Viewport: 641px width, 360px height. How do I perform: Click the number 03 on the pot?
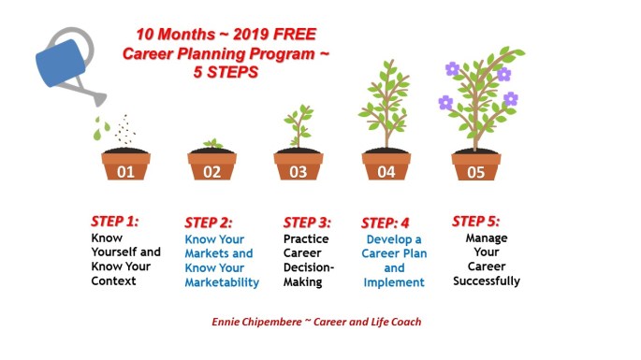(x=298, y=172)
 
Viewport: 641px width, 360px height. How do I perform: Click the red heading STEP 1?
(x=114, y=222)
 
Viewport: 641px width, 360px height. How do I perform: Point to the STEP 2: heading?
(x=208, y=223)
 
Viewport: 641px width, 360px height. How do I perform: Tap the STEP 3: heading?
(x=307, y=223)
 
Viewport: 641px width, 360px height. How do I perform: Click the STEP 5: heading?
(x=476, y=222)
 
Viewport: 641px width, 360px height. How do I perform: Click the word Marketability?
(x=222, y=282)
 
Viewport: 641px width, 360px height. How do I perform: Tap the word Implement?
(x=394, y=282)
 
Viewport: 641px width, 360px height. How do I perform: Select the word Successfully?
(x=485, y=281)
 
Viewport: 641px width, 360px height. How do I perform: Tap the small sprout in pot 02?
(x=213, y=144)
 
